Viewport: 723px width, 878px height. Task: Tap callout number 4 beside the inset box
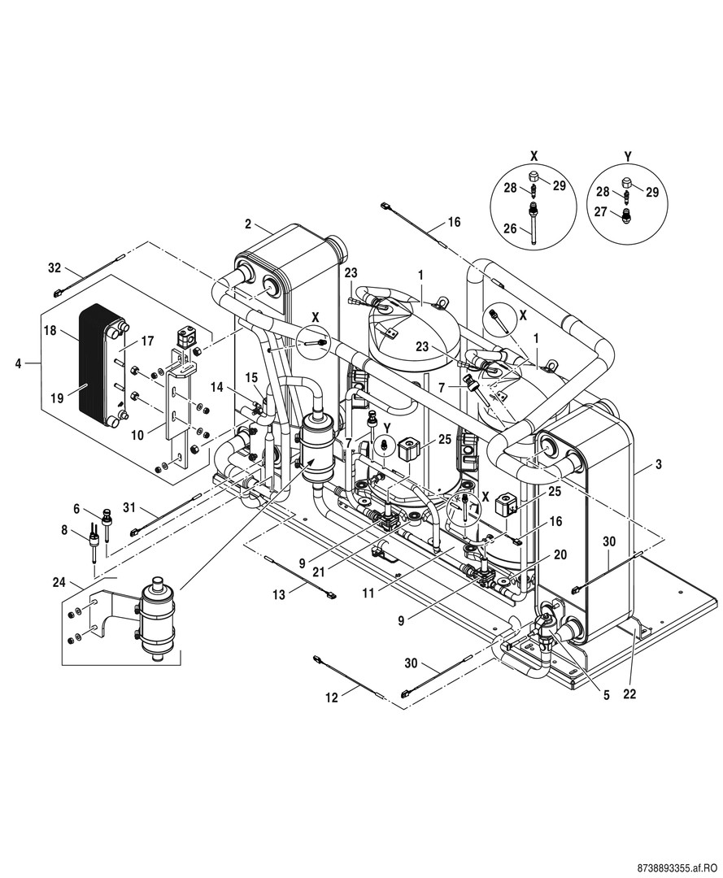[x=18, y=363]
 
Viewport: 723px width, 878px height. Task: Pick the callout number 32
[x=54, y=267]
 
